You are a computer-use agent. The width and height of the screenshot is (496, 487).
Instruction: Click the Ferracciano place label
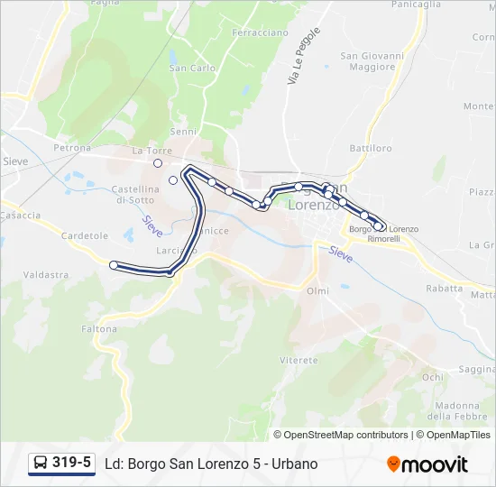click(x=261, y=32)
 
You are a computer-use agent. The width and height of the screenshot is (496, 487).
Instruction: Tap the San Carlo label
click(x=192, y=68)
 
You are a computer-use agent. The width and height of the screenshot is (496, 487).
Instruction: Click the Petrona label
click(x=72, y=147)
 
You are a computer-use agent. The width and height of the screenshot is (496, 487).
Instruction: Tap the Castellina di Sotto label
click(x=135, y=194)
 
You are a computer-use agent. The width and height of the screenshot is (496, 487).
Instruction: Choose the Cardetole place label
click(x=85, y=235)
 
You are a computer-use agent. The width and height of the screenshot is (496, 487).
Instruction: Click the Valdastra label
click(x=46, y=274)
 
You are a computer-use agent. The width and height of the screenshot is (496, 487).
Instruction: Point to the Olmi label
click(x=317, y=290)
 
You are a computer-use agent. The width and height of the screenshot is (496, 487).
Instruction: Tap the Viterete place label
click(x=299, y=359)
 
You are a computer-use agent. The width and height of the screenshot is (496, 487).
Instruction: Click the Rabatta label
click(x=444, y=289)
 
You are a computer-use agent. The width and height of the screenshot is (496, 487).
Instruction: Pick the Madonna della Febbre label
click(x=451, y=409)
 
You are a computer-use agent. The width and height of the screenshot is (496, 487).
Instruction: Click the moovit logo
click(x=427, y=464)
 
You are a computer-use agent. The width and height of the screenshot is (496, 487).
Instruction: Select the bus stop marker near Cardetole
click(x=114, y=265)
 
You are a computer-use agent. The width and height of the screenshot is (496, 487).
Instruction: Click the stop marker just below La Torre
click(x=158, y=163)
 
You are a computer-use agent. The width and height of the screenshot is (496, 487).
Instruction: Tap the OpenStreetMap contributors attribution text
click(x=341, y=435)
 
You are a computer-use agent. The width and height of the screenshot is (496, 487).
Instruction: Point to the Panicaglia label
click(x=416, y=5)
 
